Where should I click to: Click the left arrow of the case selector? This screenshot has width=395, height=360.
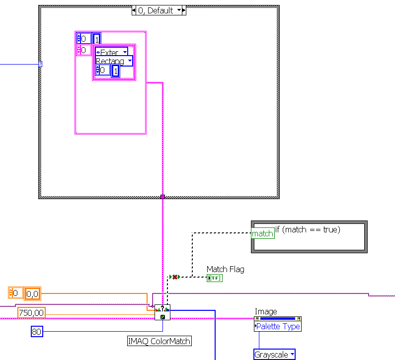coord(134,10)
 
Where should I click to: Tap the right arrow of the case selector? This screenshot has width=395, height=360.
coord(183,10)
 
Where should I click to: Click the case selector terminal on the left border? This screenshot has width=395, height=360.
coord(40,64)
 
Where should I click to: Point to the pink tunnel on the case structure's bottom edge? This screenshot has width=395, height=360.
coord(162,197)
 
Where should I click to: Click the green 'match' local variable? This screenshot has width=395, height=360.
coord(263,233)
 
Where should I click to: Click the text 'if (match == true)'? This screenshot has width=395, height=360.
coord(308,229)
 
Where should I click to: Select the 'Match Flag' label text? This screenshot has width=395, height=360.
coord(226,269)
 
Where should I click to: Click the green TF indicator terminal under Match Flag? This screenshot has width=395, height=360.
coord(215,278)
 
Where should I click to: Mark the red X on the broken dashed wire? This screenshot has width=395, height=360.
coord(175,277)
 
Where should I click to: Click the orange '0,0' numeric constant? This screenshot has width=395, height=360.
coord(32,294)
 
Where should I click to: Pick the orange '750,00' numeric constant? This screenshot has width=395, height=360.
coord(31,312)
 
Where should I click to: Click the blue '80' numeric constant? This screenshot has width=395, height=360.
coord(37,331)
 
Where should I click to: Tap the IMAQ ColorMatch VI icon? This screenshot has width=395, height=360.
coord(162,312)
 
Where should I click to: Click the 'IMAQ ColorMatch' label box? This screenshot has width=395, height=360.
coord(159,341)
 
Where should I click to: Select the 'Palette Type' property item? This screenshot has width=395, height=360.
coord(278,326)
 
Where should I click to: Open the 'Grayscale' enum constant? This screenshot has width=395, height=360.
coord(274,354)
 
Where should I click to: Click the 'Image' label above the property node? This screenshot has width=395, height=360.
coord(266,311)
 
